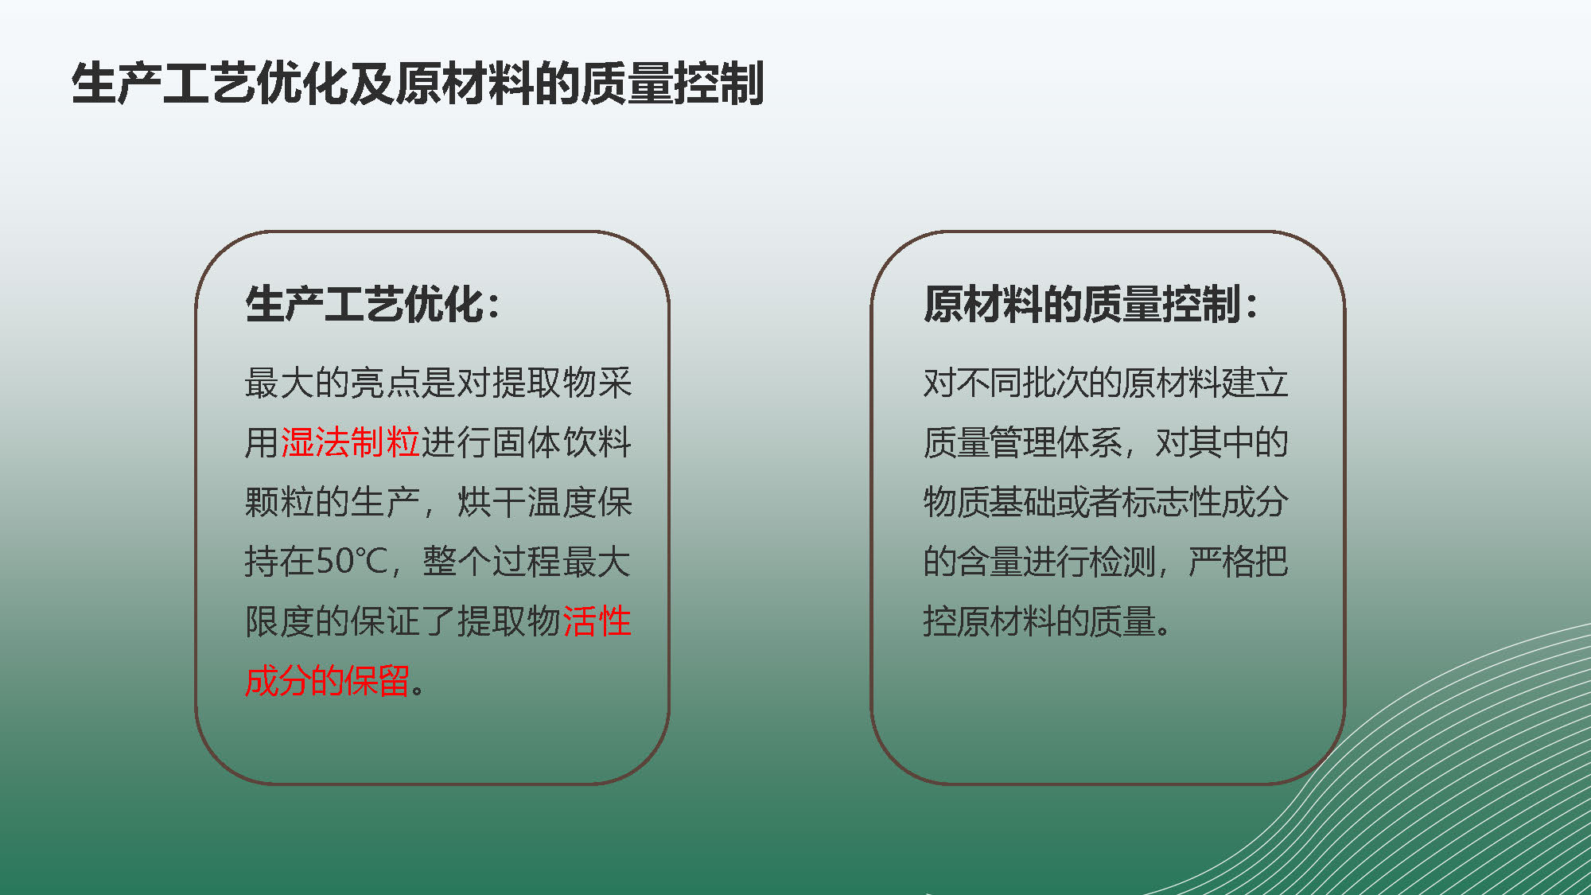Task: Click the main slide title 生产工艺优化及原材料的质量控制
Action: click(x=418, y=84)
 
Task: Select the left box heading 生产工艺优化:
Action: click(x=373, y=304)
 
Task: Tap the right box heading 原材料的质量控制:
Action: click(x=1091, y=304)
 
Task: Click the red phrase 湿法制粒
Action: click(x=350, y=442)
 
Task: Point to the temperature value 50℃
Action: click(x=351, y=562)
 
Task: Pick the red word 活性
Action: click(x=597, y=621)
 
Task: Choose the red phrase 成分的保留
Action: click(x=327, y=681)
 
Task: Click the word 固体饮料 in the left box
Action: click(x=562, y=442)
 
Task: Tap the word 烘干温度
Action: click(x=527, y=502)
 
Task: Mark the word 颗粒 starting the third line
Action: click(x=280, y=502)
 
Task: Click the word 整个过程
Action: click(x=492, y=562)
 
